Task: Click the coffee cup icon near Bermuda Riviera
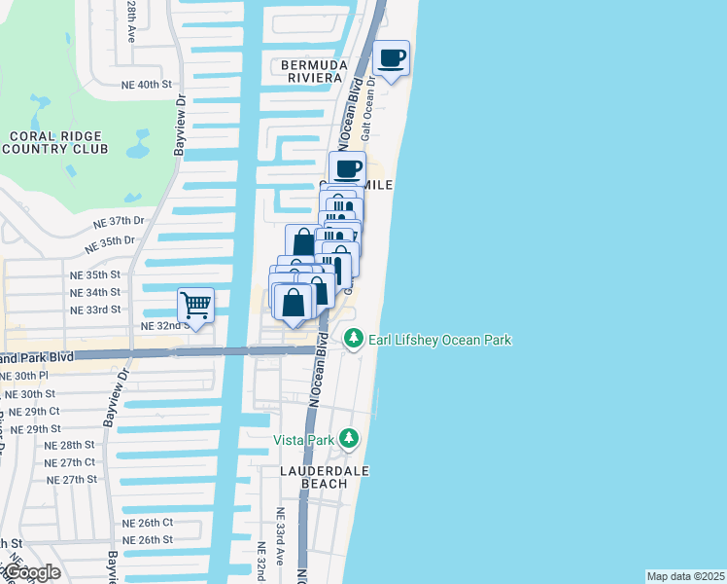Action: (x=392, y=58)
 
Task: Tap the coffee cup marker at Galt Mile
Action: (x=347, y=169)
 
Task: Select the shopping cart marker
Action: (x=195, y=306)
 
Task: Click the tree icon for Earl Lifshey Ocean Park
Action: (x=353, y=339)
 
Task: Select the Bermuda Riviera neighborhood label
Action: (x=313, y=71)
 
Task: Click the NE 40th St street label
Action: (x=134, y=85)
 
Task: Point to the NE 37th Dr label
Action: (x=119, y=222)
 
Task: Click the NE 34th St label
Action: (x=95, y=292)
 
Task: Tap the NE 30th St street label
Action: (x=29, y=394)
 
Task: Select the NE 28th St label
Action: (x=70, y=444)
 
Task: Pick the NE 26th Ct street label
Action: (x=147, y=523)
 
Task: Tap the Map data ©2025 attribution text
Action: (x=685, y=576)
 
